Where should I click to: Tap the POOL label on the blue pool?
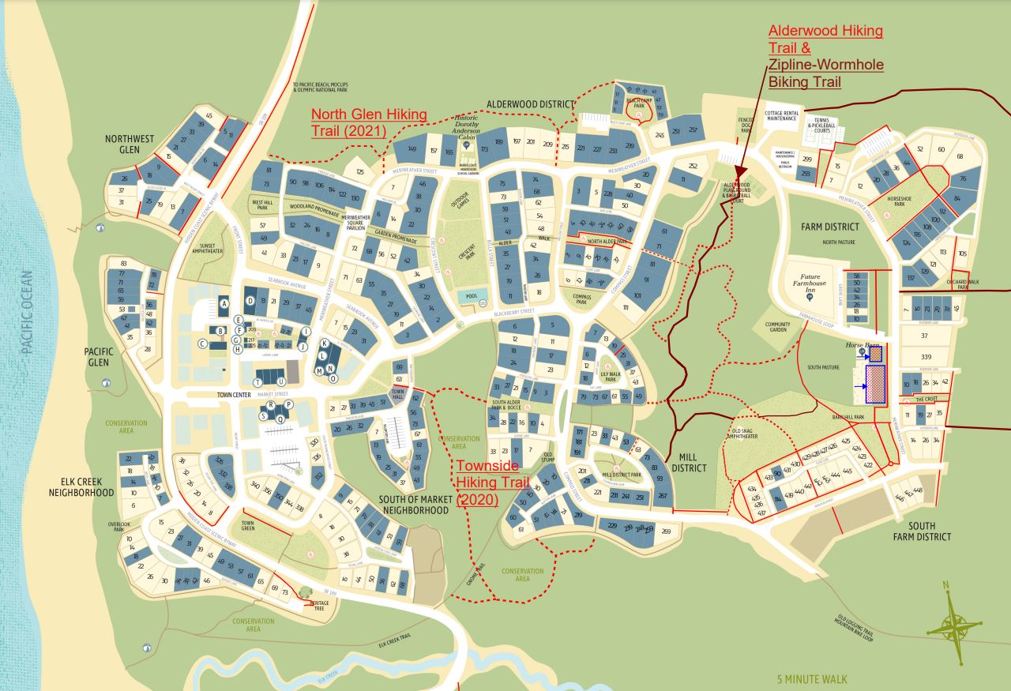coord(472,295)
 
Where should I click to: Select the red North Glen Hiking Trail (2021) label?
coord(368,122)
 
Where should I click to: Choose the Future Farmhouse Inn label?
coord(810,284)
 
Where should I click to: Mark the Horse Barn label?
coord(862,345)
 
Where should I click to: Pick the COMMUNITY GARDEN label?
coord(777,328)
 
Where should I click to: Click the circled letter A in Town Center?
coord(224,303)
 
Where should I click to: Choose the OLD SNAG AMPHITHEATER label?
coord(742,434)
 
